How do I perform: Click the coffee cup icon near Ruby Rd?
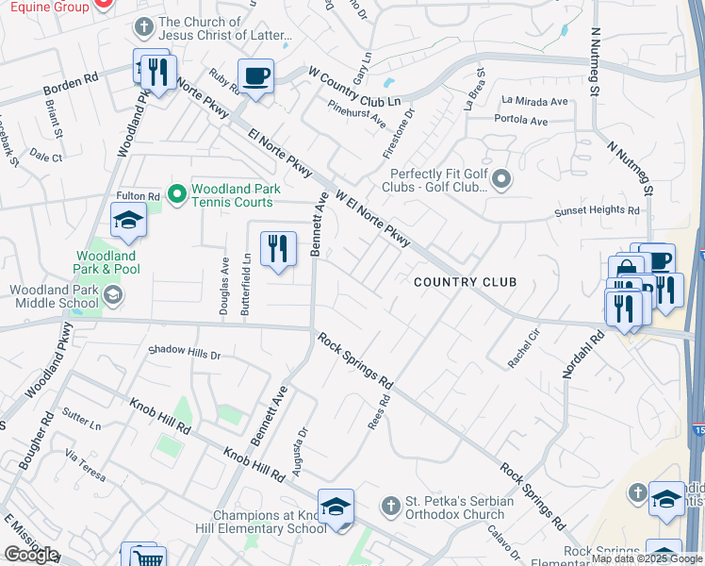(254, 75)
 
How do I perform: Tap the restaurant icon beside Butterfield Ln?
(276, 248)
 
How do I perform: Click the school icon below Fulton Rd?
(128, 222)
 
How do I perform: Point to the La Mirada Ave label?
(535, 101)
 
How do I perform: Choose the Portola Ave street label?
(520, 121)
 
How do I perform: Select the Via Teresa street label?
(85, 465)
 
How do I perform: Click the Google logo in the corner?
(30, 554)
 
